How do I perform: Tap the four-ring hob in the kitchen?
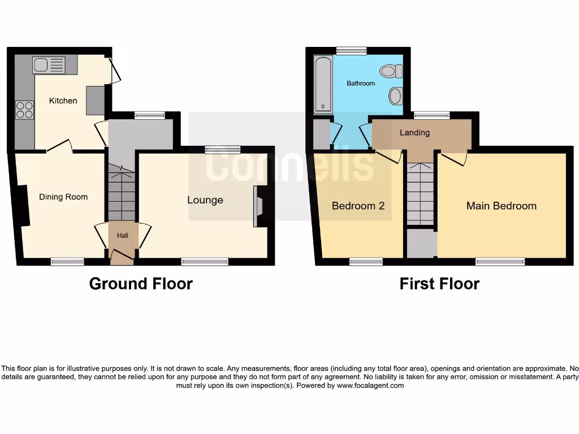[24, 109]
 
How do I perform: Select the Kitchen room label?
[63, 101]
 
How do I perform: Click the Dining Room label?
[63, 197]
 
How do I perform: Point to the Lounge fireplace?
[260, 206]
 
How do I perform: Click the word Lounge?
[205, 200]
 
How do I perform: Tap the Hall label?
[122, 235]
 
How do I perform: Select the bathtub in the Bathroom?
[323, 84]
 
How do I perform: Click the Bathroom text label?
[361, 84]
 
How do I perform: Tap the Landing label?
[414, 133]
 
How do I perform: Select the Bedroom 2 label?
[358, 206]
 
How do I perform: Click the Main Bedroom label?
[501, 206]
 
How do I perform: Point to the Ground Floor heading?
[141, 284]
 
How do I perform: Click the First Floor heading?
[439, 284]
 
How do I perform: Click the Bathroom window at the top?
[351, 51]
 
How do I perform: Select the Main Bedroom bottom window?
[500, 262]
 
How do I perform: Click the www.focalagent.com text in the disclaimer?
[370, 385]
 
